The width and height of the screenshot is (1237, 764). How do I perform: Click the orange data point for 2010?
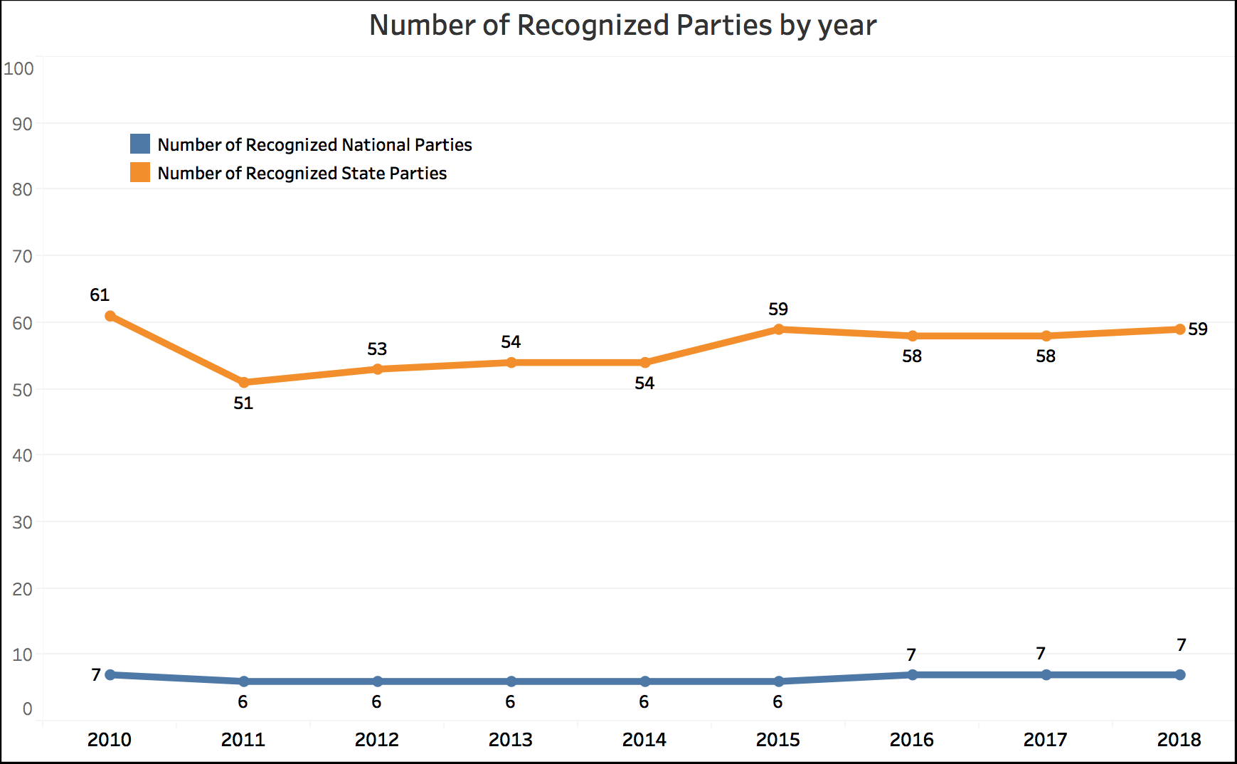click(x=110, y=316)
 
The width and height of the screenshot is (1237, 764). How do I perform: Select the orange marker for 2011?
click(x=244, y=383)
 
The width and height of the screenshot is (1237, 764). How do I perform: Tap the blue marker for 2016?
click(x=913, y=674)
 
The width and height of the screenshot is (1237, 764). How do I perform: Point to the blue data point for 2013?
click(x=511, y=681)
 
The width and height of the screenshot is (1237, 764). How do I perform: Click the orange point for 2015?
click(x=779, y=329)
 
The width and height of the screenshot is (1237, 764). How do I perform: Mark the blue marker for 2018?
click(x=1180, y=674)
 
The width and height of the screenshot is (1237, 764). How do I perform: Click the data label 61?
click(x=100, y=295)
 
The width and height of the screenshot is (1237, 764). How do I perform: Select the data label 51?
click(x=243, y=403)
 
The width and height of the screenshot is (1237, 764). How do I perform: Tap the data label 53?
click(x=377, y=349)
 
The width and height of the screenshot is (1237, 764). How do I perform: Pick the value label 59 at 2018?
click(x=1198, y=329)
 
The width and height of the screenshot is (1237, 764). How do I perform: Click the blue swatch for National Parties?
click(x=140, y=144)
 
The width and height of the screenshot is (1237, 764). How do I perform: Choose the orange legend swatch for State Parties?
click(x=140, y=173)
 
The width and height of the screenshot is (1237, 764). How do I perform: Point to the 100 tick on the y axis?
click(x=19, y=69)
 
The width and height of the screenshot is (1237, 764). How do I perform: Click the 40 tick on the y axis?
click(x=23, y=456)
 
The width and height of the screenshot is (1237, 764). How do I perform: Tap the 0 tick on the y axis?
click(x=28, y=709)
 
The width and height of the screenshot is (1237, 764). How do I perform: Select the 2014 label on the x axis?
click(x=644, y=740)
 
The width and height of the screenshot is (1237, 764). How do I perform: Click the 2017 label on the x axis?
click(x=1045, y=740)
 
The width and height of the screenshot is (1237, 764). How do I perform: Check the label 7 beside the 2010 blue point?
click(x=96, y=675)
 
